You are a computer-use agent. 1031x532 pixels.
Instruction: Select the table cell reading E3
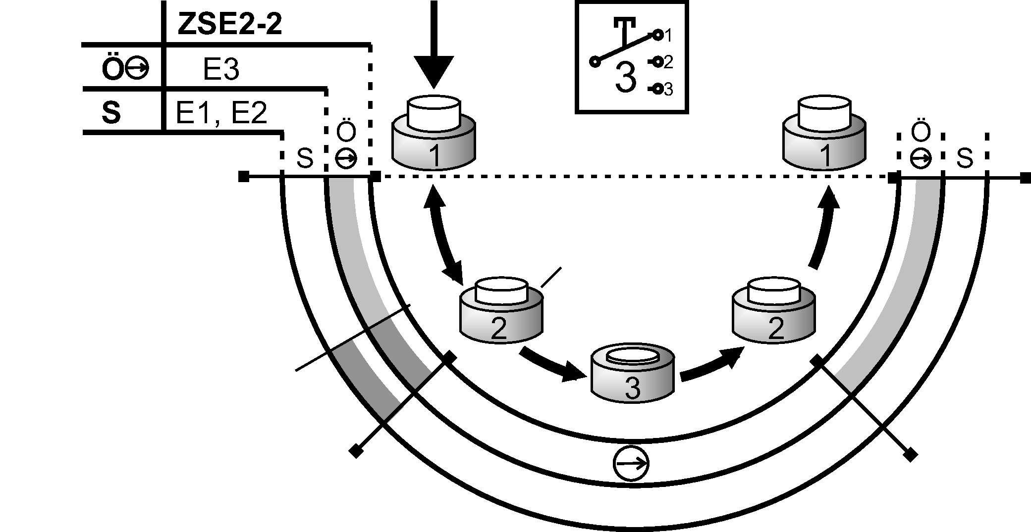[x=221, y=70]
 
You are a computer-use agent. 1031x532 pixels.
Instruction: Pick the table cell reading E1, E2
[x=221, y=113]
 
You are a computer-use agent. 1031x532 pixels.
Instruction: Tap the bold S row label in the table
[x=111, y=113]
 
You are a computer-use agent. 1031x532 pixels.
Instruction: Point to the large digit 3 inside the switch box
[x=625, y=78]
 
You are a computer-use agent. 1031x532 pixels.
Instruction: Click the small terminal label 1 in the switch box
[x=668, y=36]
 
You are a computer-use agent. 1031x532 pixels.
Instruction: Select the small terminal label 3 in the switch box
[x=668, y=90]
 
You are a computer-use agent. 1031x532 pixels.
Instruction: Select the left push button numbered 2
[x=500, y=312]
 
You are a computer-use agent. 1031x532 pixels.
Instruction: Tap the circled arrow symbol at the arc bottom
[x=630, y=464]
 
